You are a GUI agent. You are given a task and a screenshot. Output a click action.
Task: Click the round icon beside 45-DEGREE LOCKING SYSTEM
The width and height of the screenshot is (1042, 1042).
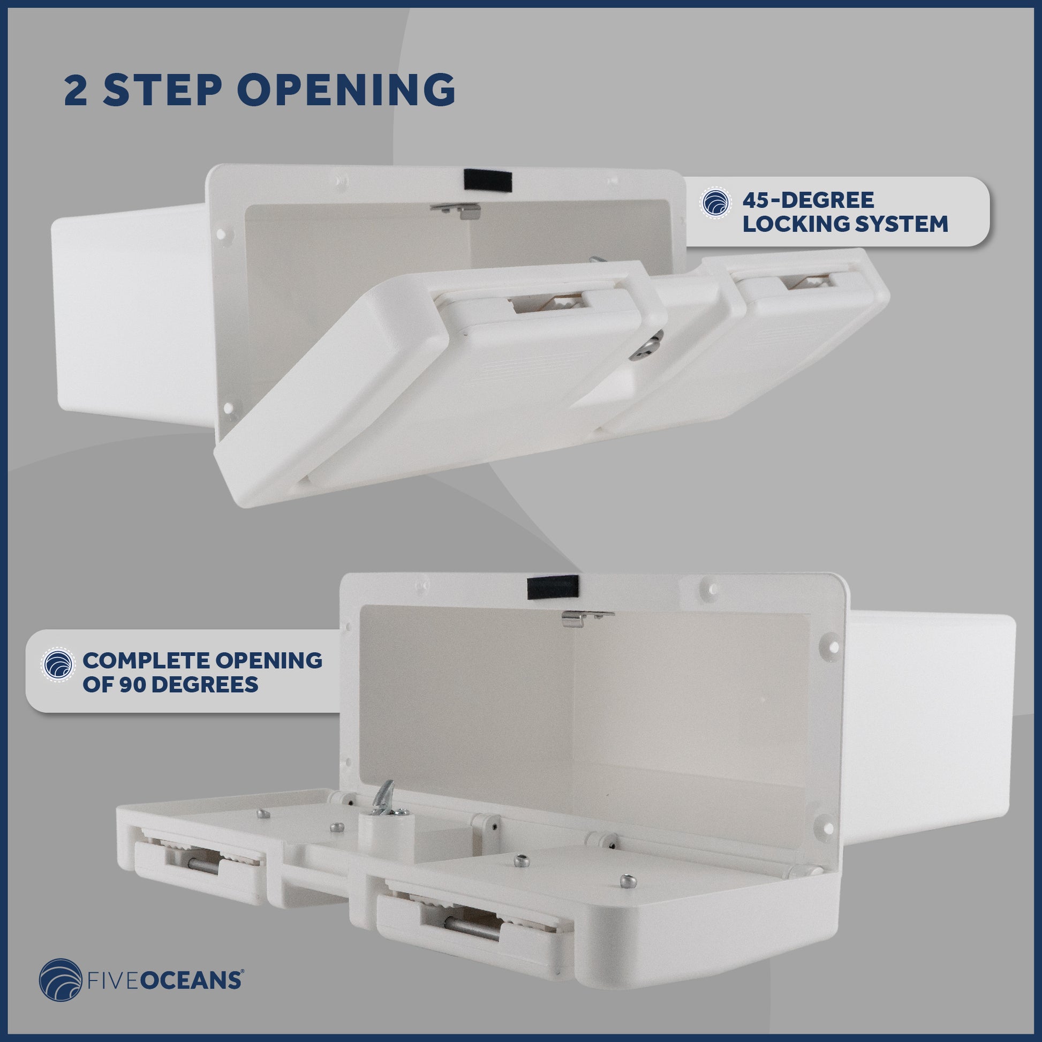pos(716,203)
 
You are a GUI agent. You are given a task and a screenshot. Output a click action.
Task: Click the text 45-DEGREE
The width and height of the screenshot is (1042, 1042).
pos(808,200)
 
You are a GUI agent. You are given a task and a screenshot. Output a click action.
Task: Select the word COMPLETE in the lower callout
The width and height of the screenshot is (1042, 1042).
pos(145,661)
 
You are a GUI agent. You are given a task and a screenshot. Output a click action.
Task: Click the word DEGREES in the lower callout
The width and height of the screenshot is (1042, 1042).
pos(206,684)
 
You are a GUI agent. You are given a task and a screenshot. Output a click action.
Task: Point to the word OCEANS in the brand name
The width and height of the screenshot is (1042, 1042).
pos(192,980)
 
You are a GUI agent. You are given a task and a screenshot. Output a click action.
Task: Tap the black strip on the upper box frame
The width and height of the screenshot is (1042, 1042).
pos(488,180)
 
